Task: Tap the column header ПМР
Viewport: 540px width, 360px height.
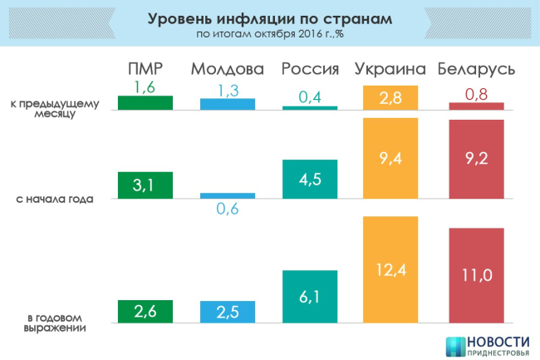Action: click(x=145, y=69)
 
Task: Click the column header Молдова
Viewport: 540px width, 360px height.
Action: click(x=227, y=69)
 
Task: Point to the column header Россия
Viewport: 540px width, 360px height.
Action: click(x=309, y=69)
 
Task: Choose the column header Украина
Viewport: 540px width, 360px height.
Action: click(x=390, y=69)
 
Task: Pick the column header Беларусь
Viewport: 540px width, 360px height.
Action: click(x=476, y=69)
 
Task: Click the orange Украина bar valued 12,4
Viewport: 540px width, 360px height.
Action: click(x=390, y=269)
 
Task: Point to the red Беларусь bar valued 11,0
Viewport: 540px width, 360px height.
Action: click(x=476, y=274)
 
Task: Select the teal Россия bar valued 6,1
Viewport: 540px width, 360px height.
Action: click(x=309, y=296)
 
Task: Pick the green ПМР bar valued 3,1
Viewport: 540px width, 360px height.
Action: click(x=145, y=185)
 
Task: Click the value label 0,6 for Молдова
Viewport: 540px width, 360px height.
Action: click(x=227, y=210)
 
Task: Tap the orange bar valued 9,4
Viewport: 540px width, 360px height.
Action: click(x=390, y=158)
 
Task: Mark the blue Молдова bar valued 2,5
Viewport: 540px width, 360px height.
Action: click(x=227, y=311)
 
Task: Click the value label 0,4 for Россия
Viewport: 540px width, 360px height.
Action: click(x=309, y=97)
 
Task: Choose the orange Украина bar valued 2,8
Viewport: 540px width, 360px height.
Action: click(x=390, y=98)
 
